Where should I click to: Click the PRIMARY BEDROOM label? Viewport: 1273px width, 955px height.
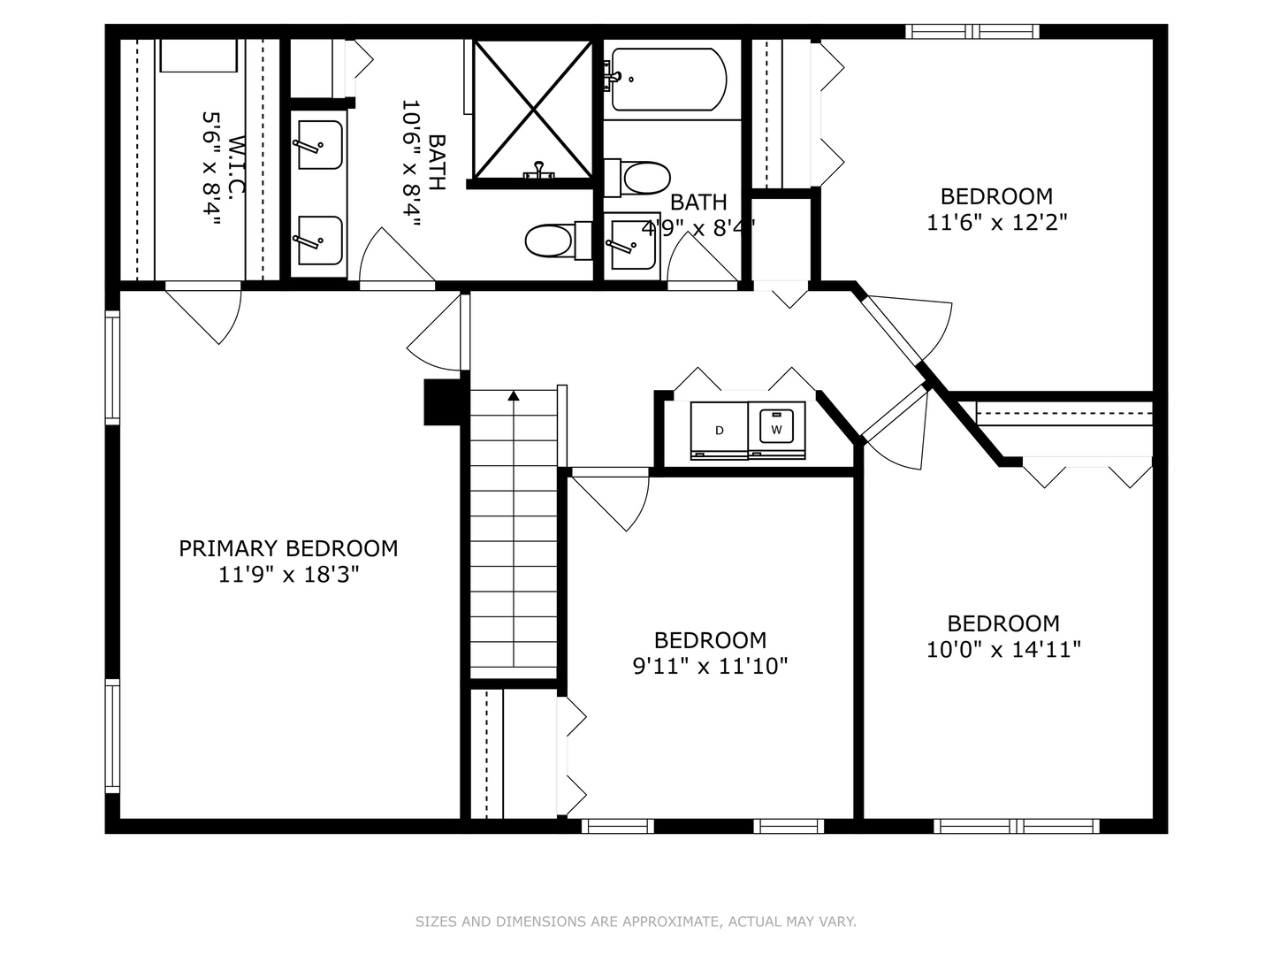[x=288, y=548]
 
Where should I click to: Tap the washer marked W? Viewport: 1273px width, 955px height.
[x=776, y=431]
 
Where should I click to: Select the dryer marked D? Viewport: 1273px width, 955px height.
[x=719, y=431]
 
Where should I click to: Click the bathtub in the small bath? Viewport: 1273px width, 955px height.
[x=666, y=80]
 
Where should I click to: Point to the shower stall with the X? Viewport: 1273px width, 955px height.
[x=533, y=110]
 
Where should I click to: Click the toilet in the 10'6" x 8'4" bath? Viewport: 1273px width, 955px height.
[x=558, y=241]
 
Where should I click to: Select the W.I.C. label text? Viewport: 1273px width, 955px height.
[x=237, y=165]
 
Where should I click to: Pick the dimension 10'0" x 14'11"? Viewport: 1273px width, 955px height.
[x=1003, y=649]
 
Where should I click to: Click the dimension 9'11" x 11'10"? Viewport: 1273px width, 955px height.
[x=710, y=666]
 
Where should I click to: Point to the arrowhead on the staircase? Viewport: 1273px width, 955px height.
[x=514, y=395]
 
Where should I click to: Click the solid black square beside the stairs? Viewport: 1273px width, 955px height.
[x=443, y=402]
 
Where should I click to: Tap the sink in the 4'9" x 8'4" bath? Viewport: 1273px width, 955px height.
[x=632, y=246]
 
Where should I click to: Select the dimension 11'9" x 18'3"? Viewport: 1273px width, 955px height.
[x=288, y=575]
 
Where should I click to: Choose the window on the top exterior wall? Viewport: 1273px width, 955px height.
[x=972, y=31]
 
